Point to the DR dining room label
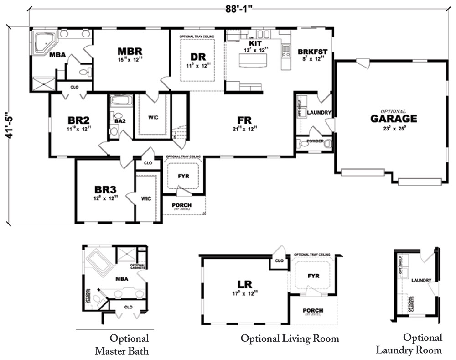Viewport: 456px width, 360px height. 198,57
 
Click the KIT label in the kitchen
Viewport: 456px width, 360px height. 255,43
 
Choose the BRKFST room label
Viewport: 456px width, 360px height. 312,52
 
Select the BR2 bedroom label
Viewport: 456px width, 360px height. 78,120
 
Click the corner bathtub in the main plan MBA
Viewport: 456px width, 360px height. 44,42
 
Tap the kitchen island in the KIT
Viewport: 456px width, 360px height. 256,59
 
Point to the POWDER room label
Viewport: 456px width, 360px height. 315,141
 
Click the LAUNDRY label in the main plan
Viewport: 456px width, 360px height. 319,113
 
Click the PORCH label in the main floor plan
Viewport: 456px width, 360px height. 181,205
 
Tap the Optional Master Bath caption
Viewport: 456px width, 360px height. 122,344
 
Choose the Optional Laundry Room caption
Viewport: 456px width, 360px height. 409,344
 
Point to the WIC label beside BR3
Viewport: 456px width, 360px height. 146,198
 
